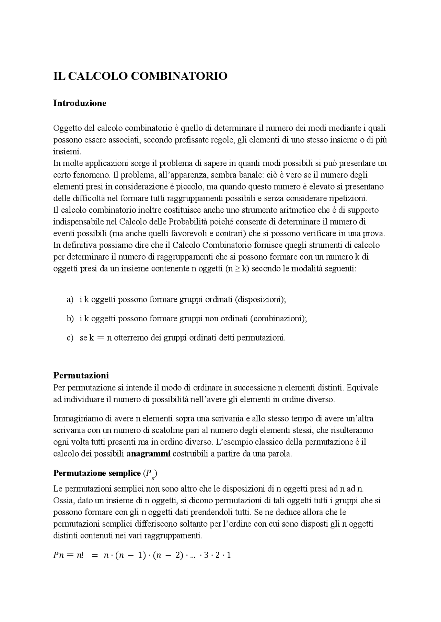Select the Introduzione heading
coord(80,103)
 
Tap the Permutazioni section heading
coord(81,375)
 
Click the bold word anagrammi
coord(148,453)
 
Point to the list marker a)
coord(70,299)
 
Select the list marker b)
coord(70,319)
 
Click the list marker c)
coord(70,338)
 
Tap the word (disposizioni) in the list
coord(260,299)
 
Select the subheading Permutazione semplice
coord(97,473)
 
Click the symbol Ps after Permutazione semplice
coord(150,474)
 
